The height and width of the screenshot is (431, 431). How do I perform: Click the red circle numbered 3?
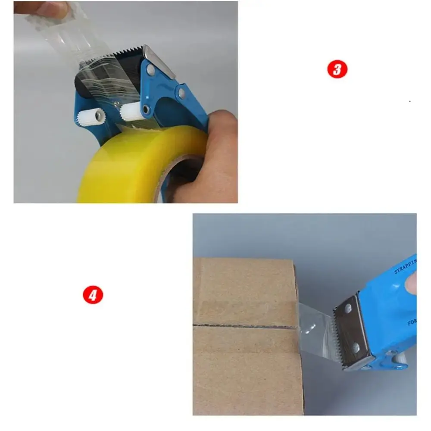(337, 69)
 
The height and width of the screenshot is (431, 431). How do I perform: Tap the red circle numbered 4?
(93, 296)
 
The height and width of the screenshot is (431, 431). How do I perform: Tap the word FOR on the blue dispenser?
(412, 322)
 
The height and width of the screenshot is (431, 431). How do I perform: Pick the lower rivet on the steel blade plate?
(356, 346)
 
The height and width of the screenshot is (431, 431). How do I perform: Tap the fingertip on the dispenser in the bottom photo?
(411, 284)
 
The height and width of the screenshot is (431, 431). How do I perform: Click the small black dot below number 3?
(409, 101)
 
